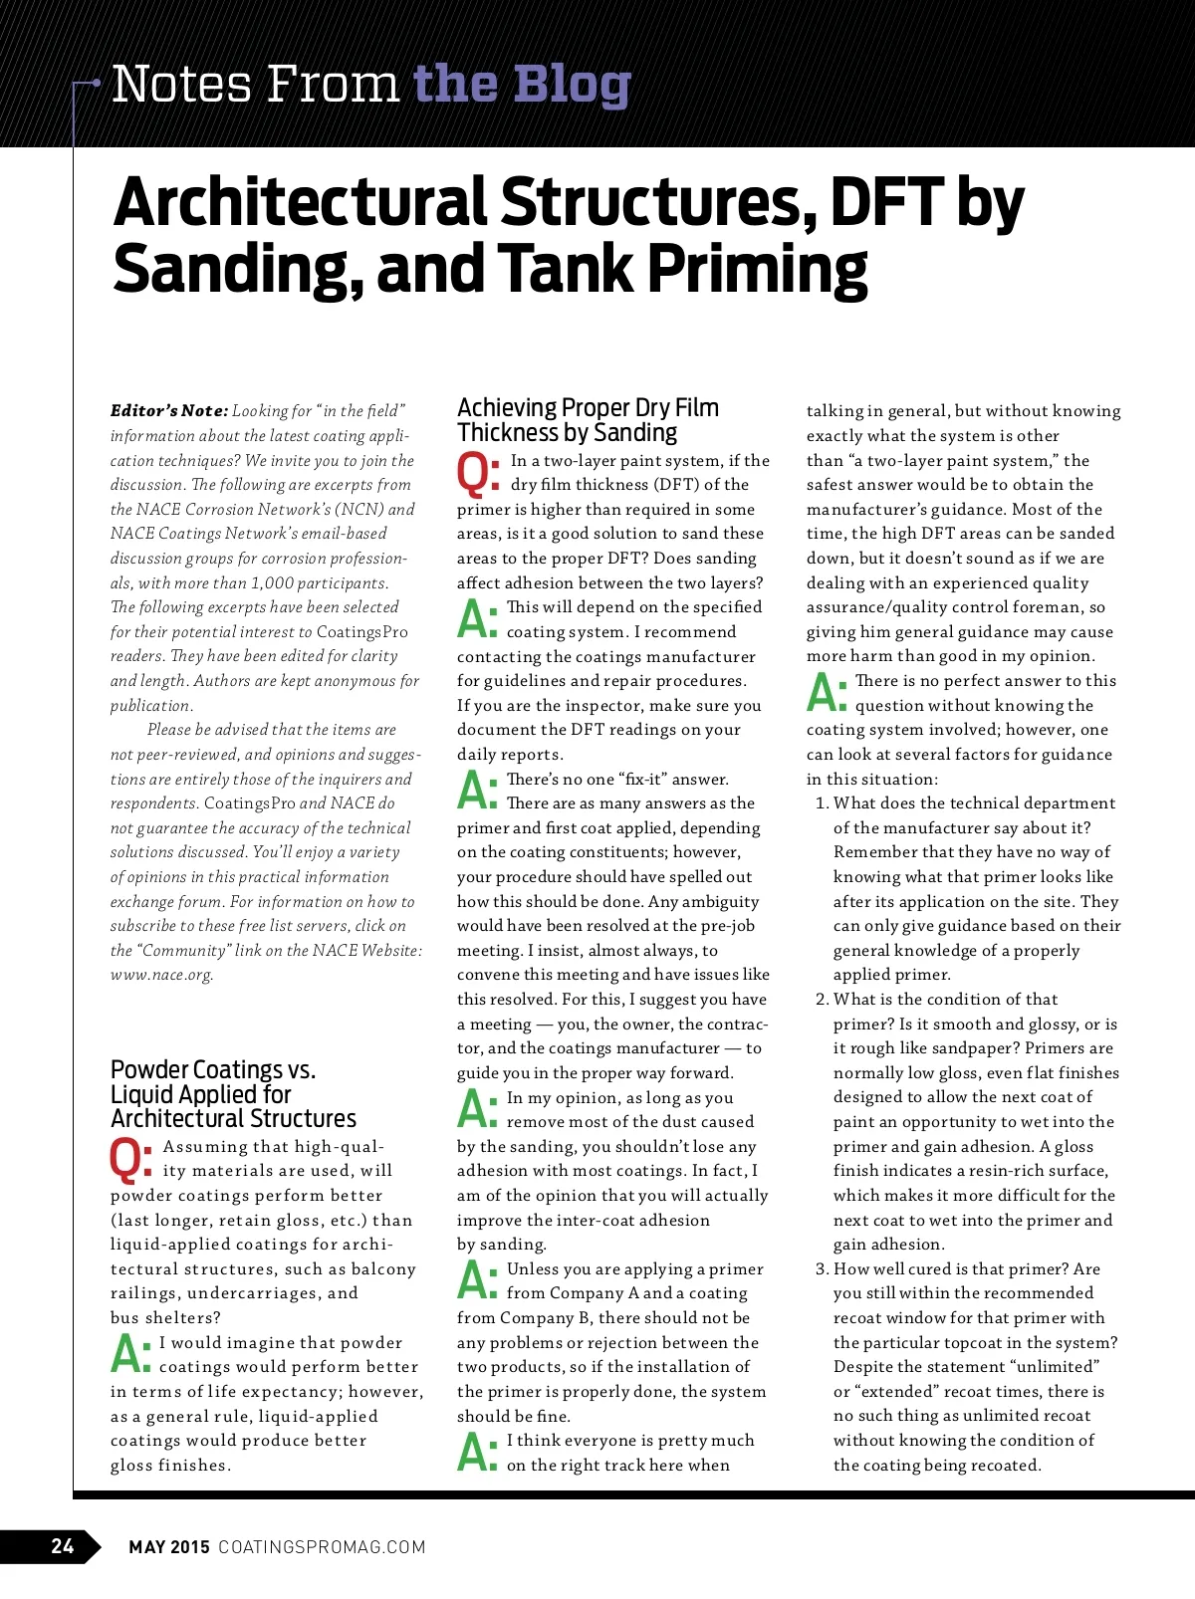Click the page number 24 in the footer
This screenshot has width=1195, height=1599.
click(62, 1545)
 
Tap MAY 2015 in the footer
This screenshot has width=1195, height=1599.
click(169, 1546)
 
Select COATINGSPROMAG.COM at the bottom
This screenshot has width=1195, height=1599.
click(322, 1546)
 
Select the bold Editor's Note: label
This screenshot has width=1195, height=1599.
click(169, 410)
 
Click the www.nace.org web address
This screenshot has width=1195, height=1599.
click(161, 975)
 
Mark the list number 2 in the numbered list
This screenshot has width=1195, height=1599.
click(822, 999)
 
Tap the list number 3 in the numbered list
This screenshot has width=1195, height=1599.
click(822, 1268)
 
